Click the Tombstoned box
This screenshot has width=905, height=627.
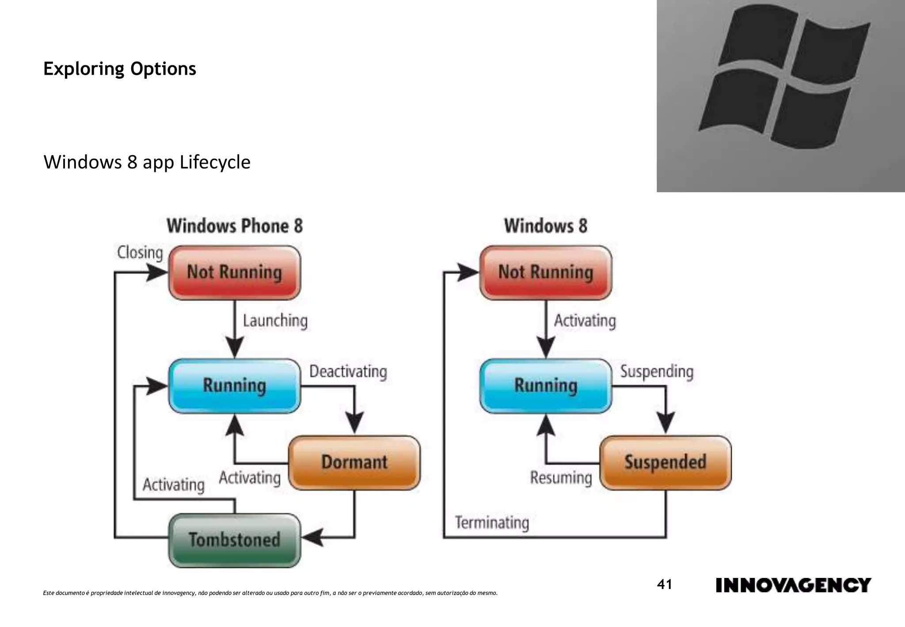235,540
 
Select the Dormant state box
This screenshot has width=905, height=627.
354,463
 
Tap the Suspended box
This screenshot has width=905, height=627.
665,463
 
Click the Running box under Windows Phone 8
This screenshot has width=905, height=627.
235,386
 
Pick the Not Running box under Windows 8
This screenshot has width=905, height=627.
546,272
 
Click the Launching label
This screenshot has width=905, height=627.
275,321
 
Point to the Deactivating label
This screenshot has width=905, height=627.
348,371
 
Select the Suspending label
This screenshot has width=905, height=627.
657,371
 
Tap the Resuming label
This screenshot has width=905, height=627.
561,478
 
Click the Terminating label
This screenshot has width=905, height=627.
492,523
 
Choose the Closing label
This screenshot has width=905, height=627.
140,252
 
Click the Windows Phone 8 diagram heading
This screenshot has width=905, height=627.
235,226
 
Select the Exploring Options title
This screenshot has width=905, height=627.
119,69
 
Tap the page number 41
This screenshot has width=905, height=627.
664,585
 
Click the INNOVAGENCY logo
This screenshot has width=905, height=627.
793,585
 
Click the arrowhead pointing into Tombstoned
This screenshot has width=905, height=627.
312,538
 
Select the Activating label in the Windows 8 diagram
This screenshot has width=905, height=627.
585,321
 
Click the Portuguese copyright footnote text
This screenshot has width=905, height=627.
270,593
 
